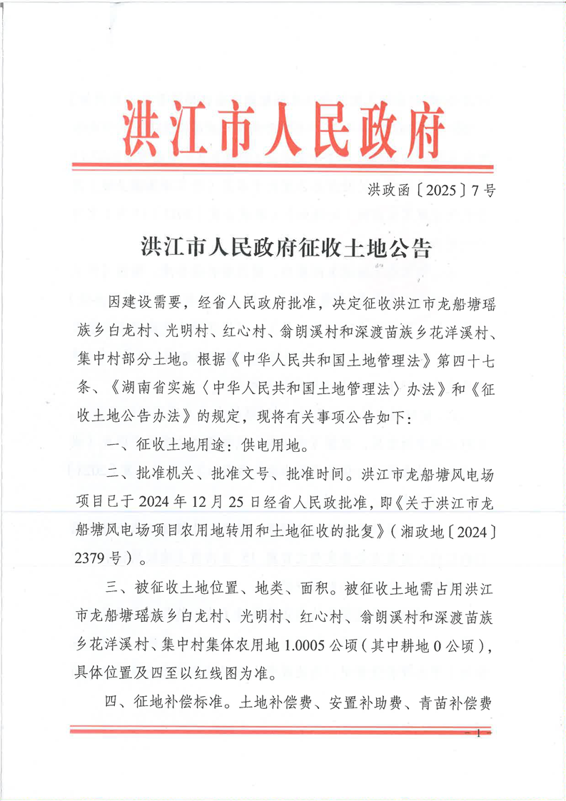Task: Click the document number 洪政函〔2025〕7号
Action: pos(432,191)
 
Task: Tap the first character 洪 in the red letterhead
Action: pos(140,129)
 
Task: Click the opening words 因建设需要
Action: pos(143,303)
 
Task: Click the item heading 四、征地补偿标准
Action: pos(163,702)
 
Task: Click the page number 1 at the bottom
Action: pos(477,734)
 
